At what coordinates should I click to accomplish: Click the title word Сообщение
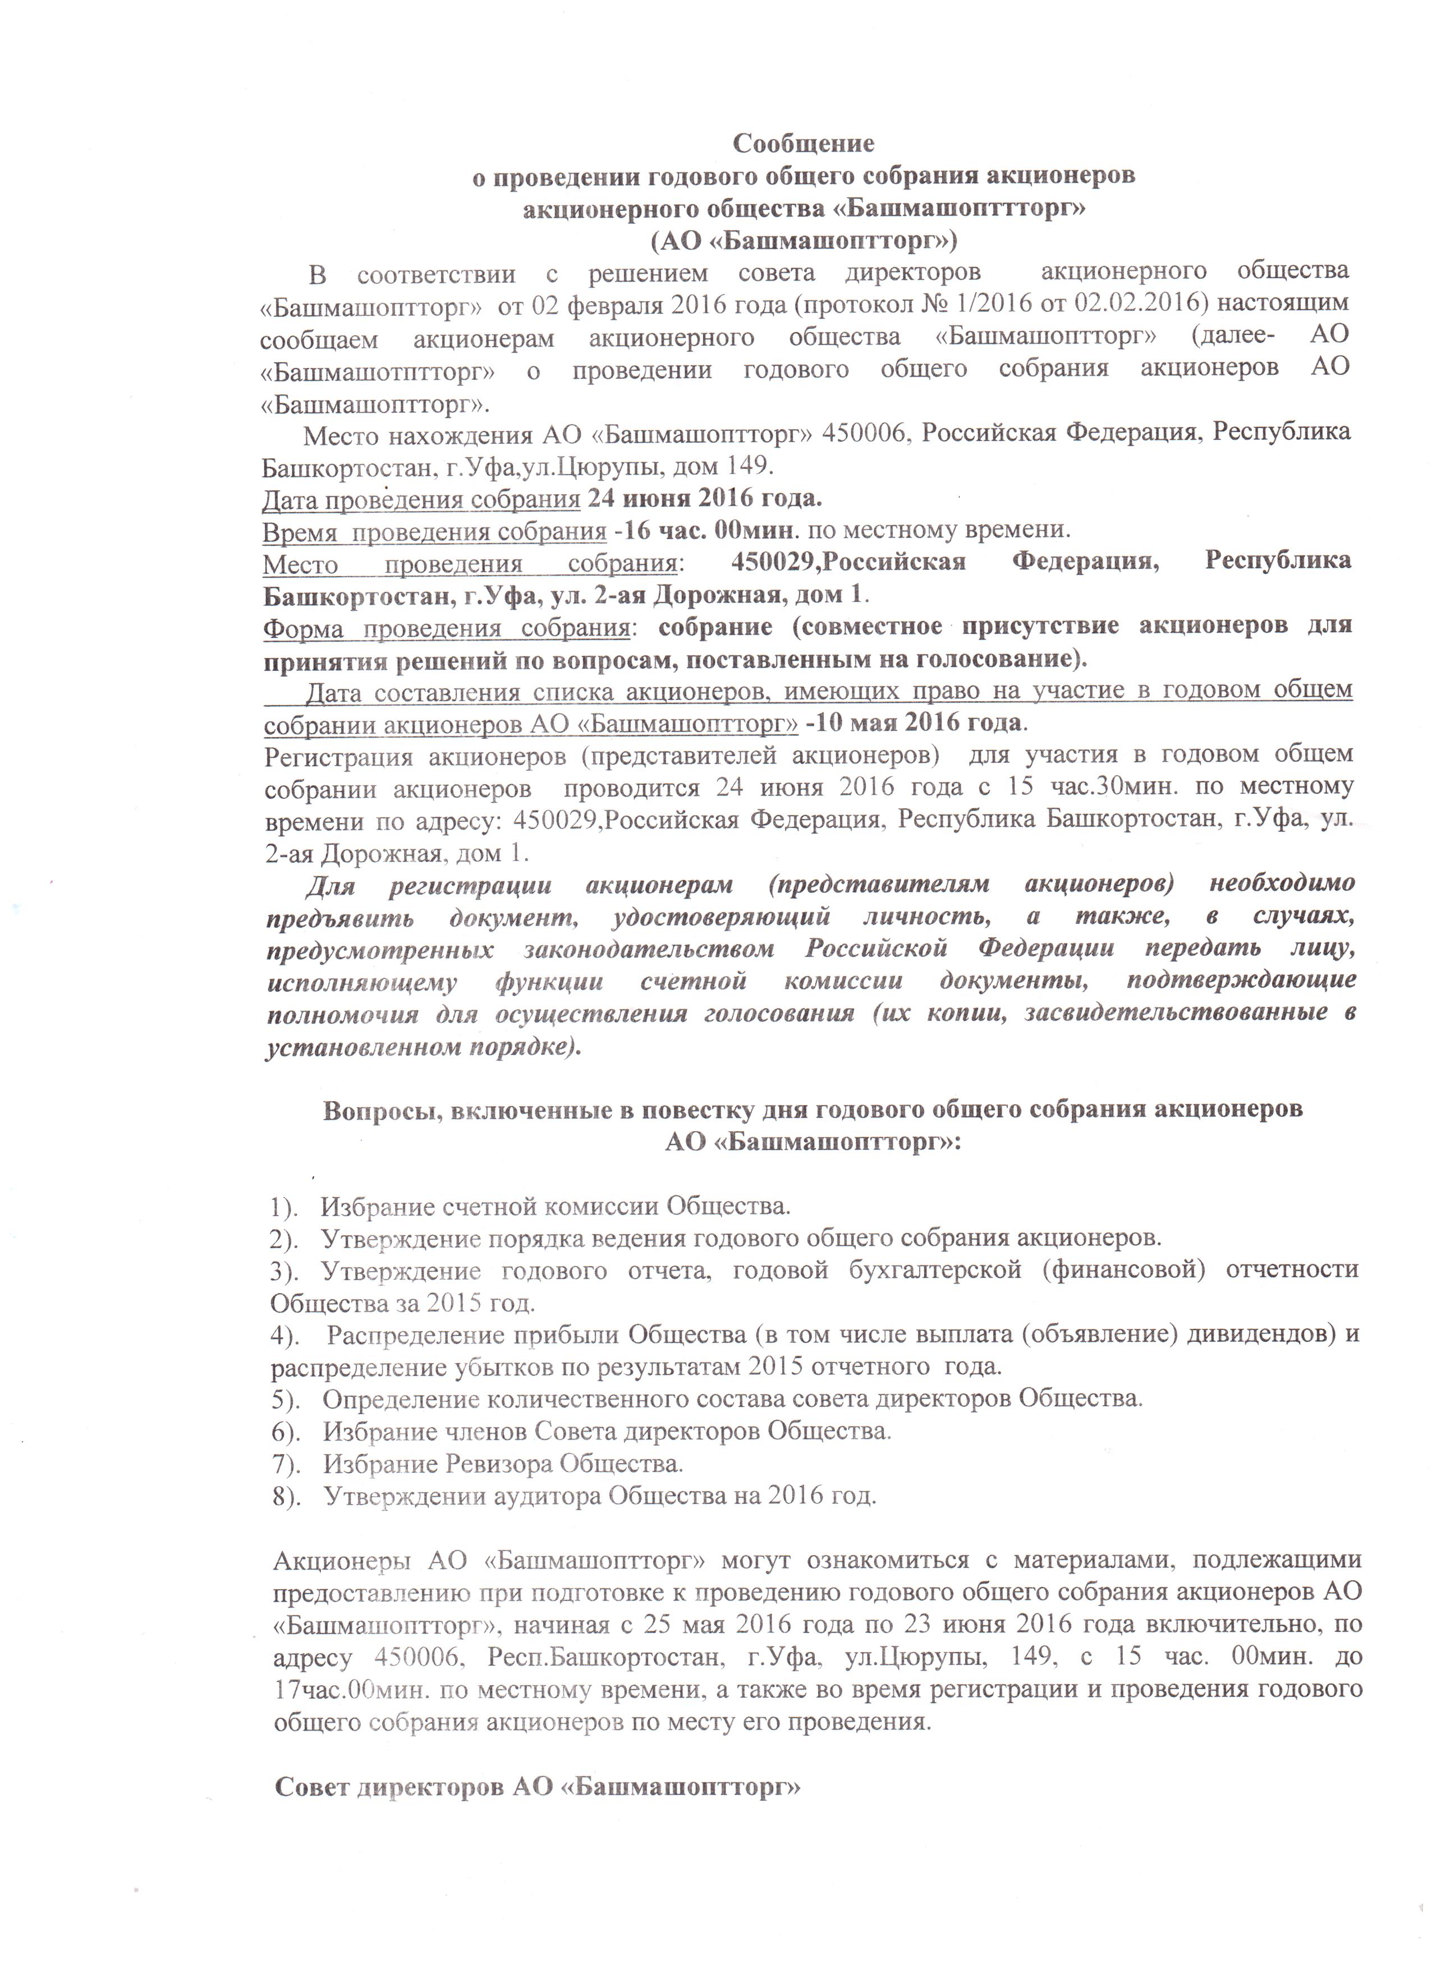tap(804, 142)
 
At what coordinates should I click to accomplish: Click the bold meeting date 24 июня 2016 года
tap(704, 500)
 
